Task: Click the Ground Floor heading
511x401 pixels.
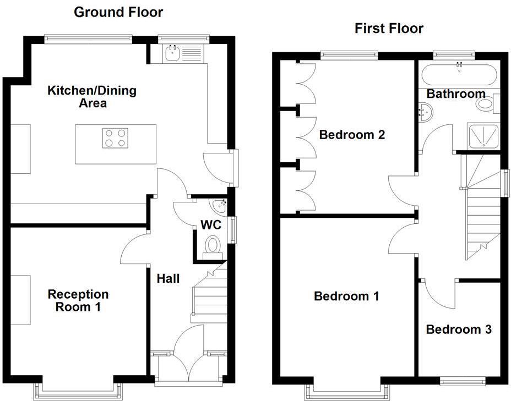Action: point(118,12)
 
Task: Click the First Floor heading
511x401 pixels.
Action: point(389,28)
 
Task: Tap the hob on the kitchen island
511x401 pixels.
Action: point(115,138)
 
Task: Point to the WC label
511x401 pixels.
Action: point(210,225)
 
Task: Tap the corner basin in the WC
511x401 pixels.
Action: point(220,205)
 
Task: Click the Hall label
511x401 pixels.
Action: point(168,279)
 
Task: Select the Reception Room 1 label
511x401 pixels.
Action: point(78,300)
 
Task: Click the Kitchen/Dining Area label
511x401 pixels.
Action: point(92,96)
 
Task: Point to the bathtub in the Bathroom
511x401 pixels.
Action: point(459,73)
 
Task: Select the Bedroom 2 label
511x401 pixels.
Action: point(352,134)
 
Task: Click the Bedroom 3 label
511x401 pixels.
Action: point(459,329)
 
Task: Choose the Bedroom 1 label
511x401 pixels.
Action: point(346,296)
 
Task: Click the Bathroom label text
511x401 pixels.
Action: point(456,94)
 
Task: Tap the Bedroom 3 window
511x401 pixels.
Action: point(463,380)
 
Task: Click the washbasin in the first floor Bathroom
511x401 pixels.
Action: point(427,112)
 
